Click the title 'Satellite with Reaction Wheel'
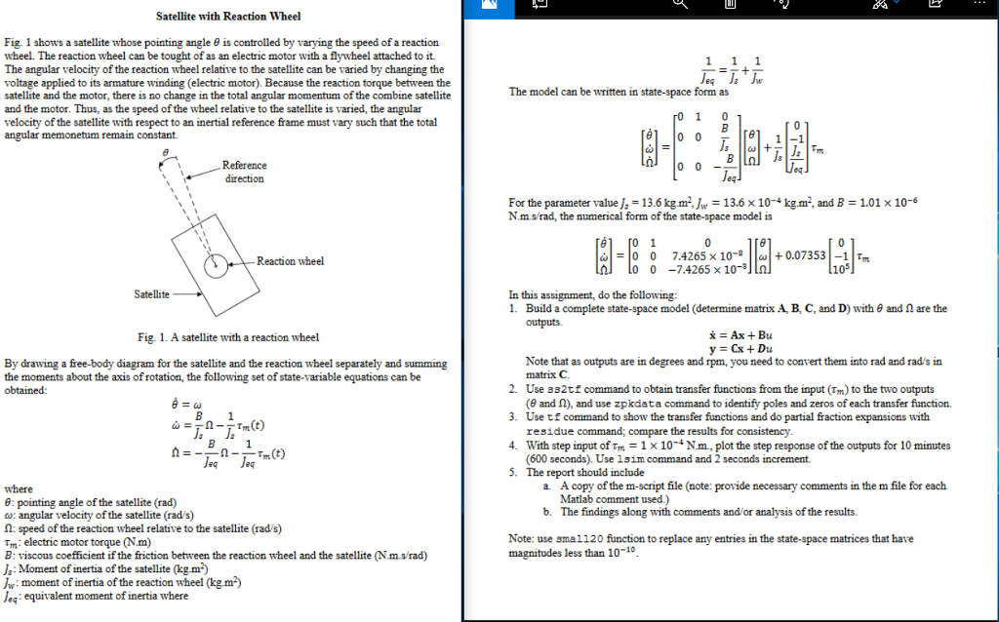[x=228, y=17]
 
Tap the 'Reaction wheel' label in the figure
[x=290, y=261]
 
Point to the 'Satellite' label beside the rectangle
[x=150, y=293]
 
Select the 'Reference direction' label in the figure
[x=244, y=172]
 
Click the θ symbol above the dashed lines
[x=166, y=153]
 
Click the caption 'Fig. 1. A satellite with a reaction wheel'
[x=228, y=337]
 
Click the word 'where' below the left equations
[x=19, y=488]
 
